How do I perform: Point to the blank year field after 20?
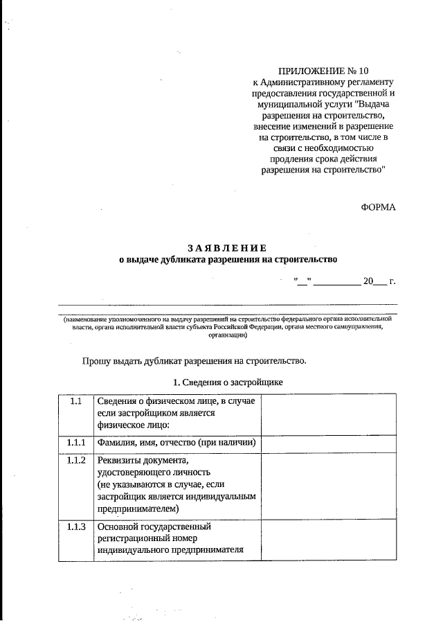click(380, 281)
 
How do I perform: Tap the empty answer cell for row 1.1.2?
click(329, 485)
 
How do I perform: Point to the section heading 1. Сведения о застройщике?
click(228, 382)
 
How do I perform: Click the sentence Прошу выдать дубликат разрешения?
click(194, 361)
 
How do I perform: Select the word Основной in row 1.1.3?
click(120, 527)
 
